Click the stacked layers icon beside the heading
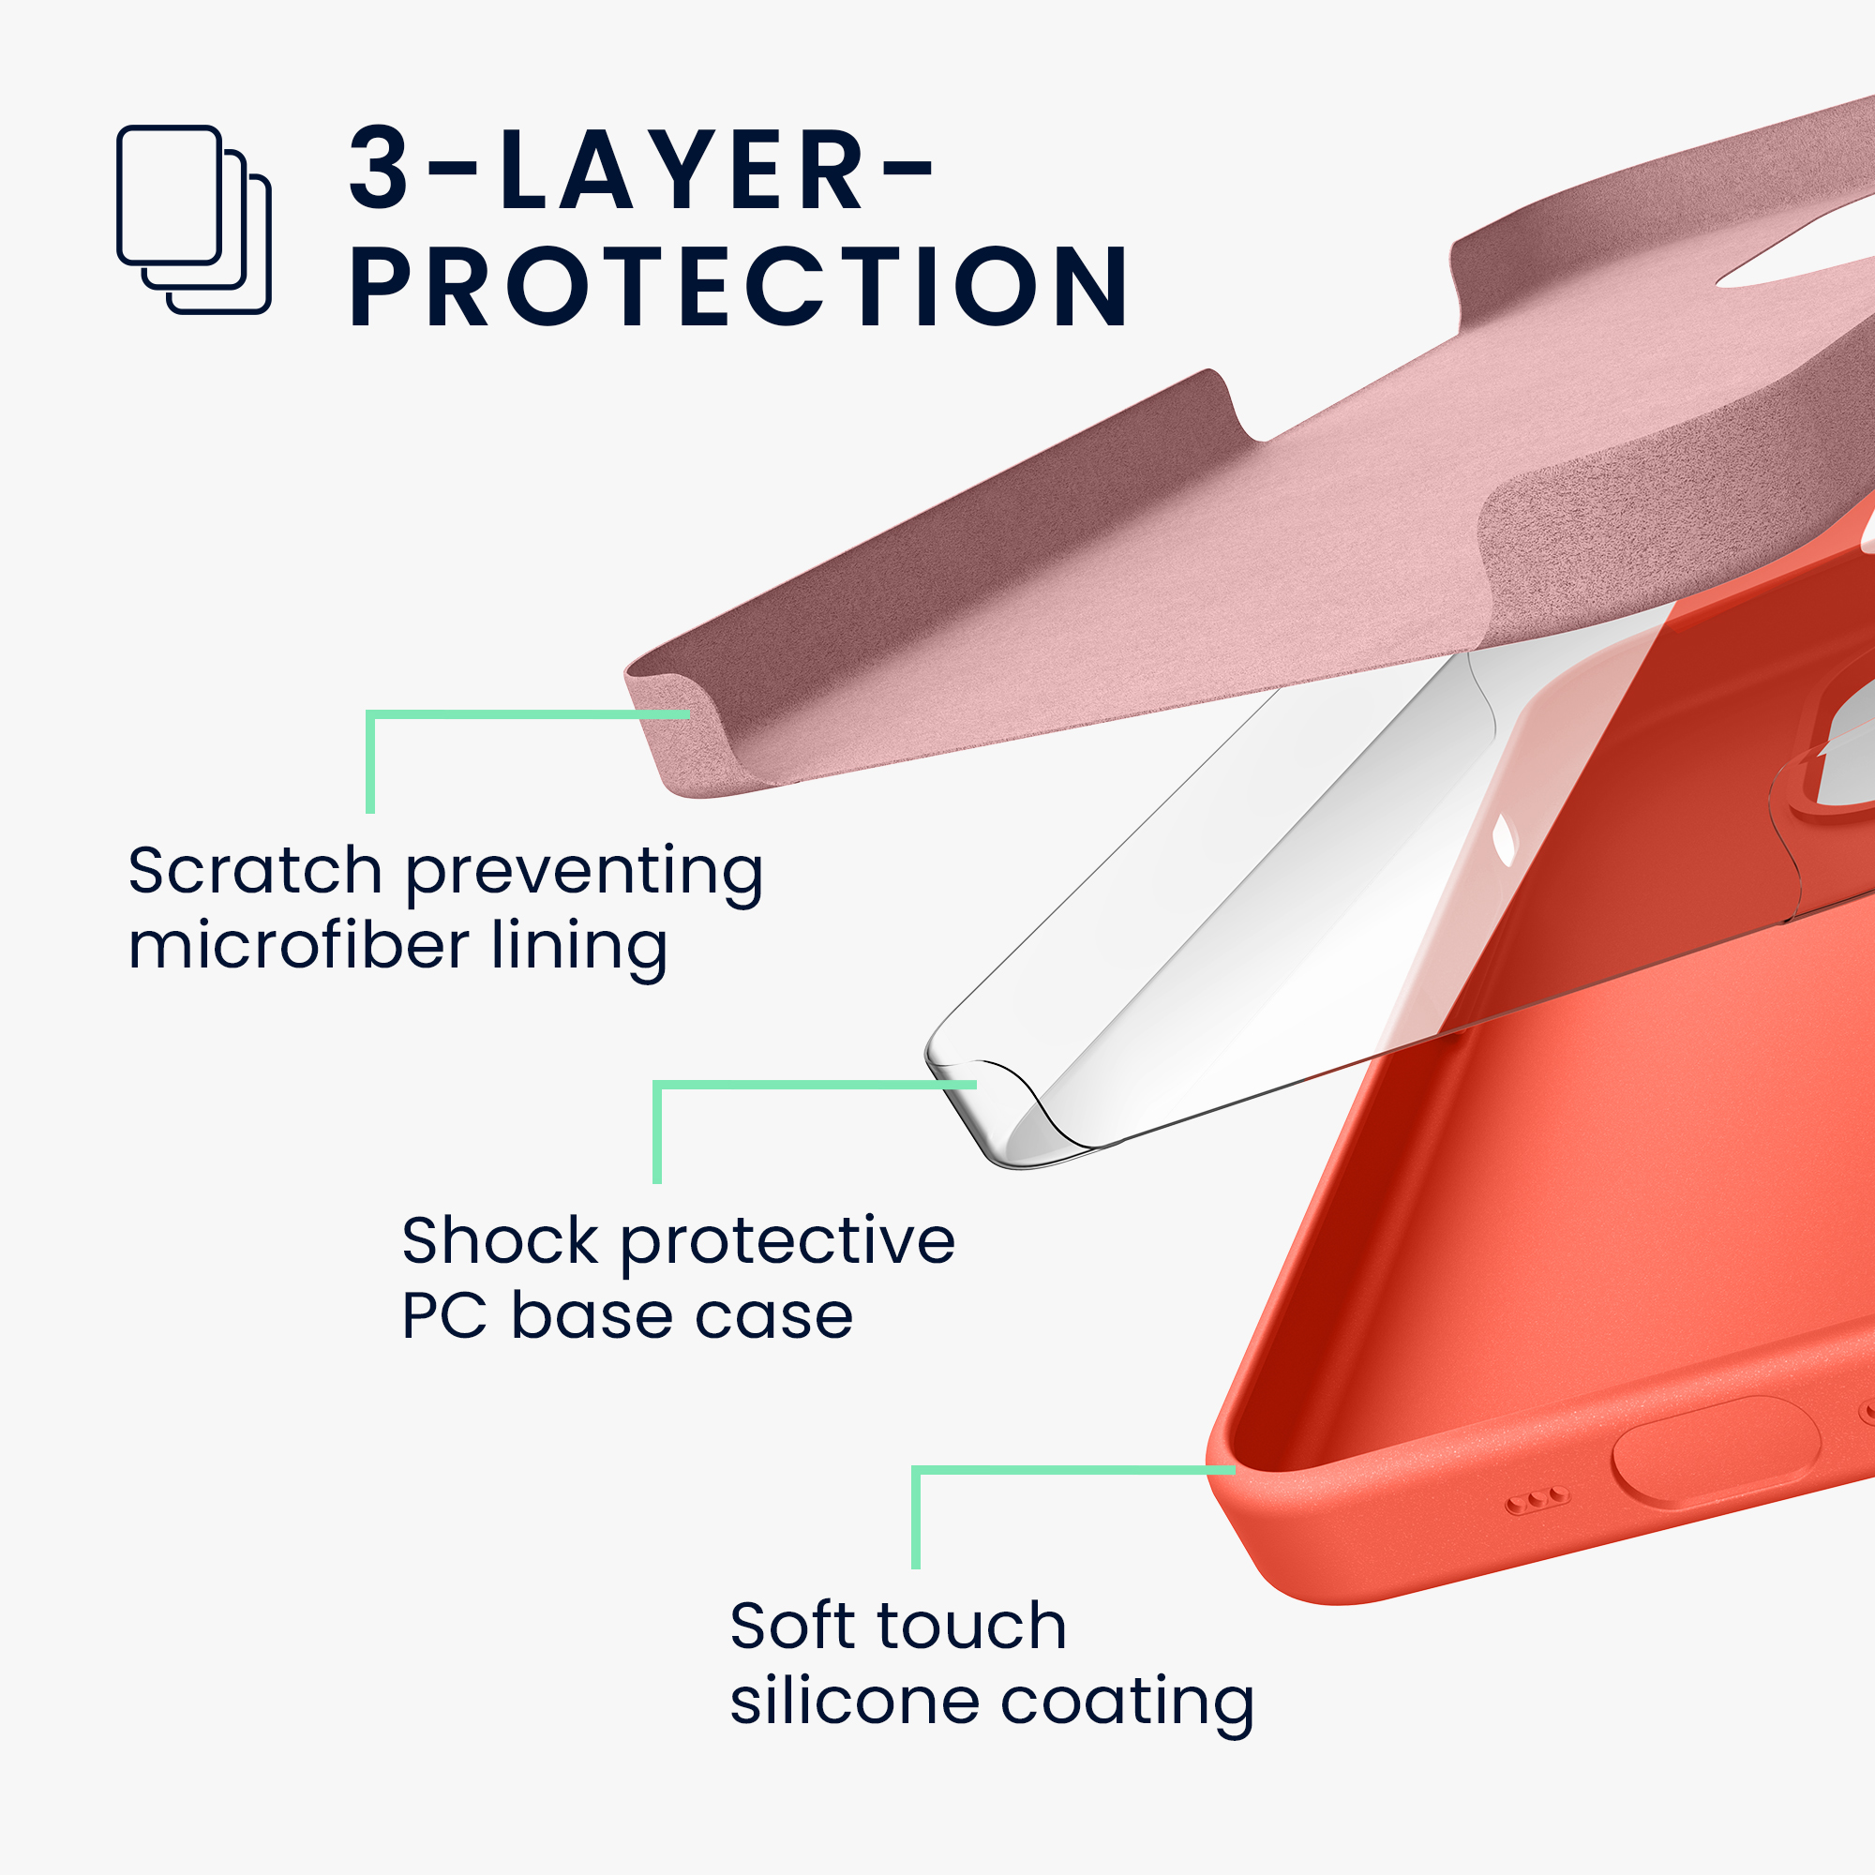pyautogui.click(x=194, y=219)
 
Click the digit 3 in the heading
pyautogui.click(x=380, y=168)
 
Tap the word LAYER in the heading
pyautogui.click(x=681, y=168)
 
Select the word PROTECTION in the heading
pyautogui.click(x=739, y=285)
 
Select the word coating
pyautogui.click(x=1128, y=1706)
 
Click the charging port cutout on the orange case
pyautogui.click(x=1715, y=1454)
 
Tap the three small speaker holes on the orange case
pyautogui.click(x=1537, y=1502)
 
